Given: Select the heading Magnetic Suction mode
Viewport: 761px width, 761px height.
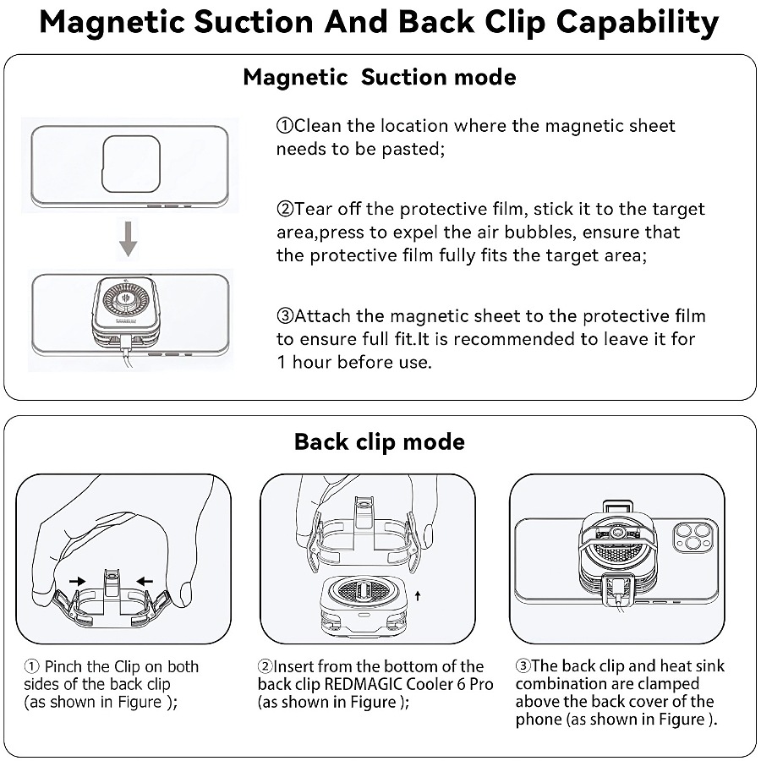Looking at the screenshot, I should pyautogui.click(x=380, y=77).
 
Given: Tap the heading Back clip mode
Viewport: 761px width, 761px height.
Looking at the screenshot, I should pyautogui.click(x=380, y=441).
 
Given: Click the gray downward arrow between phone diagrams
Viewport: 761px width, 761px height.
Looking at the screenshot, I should pyautogui.click(x=128, y=238).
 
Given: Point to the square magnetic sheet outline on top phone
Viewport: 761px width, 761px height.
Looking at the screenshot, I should pyautogui.click(x=132, y=164).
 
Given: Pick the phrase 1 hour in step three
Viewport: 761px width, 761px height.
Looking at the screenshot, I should pyautogui.click(x=304, y=362).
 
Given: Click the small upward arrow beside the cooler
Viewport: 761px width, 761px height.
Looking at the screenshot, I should pyautogui.click(x=417, y=597).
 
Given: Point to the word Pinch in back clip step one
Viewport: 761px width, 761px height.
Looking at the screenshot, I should pyautogui.click(x=64, y=667).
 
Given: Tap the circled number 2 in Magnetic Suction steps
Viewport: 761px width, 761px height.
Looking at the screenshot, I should pyautogui.click(x=285, y=209).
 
